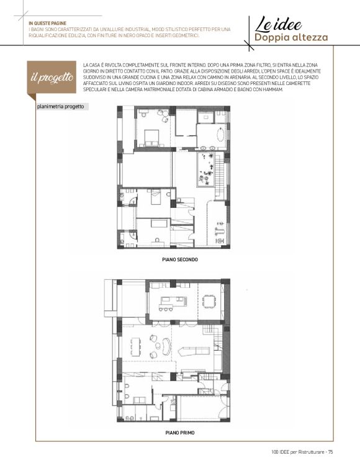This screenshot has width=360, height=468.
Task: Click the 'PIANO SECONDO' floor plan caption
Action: coord(180,259)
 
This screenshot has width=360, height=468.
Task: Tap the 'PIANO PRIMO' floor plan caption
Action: coord(180,433)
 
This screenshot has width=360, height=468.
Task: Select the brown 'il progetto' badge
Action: coord(52,78)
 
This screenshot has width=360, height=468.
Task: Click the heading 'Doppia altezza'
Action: coord(291,38)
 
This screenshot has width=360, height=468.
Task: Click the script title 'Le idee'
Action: coord(278,24)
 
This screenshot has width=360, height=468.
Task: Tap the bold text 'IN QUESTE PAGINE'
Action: coord(47,23)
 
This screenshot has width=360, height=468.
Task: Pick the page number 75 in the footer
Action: coord(330,452)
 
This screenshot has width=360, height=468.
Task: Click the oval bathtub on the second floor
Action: coord(220,135)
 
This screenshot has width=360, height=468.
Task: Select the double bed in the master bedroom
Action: coord(151,138)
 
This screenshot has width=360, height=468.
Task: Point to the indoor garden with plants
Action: coord(206,169)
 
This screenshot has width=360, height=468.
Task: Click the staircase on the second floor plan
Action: coord(219,177)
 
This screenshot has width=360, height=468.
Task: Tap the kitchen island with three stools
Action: coord(173,303)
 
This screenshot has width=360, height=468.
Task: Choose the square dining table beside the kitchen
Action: coord(209,301)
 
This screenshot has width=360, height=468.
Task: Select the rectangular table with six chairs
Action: coord(135,347)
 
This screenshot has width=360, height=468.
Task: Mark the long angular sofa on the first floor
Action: coord(194,350)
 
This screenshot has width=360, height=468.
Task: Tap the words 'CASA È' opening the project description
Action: coord(97,65)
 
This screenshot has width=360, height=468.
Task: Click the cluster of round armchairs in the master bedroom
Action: coord(163,115)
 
